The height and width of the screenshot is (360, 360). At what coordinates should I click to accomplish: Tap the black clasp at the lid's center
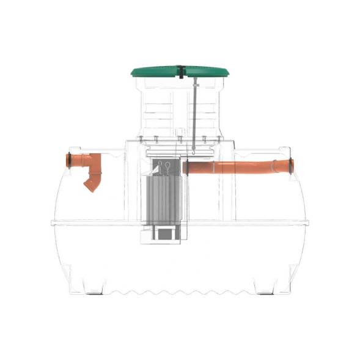click(182, 72)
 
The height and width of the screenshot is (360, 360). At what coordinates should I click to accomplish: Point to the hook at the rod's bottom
click(193, 148)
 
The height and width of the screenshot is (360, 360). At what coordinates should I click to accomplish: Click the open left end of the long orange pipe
click(185, 167)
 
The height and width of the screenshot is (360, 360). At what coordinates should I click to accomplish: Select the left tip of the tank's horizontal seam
click(53, 223)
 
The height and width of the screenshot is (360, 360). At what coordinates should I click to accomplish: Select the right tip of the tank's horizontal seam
click(307, 222)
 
